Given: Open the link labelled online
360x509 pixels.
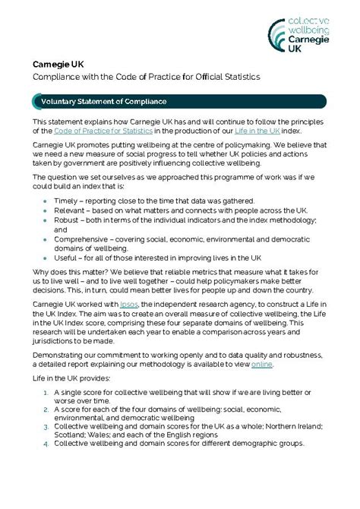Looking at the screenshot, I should click(x=261, y=364).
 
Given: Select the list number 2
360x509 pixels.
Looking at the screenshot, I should click(x=47, y=411).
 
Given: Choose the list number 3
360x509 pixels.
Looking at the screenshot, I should click(x=47, y=428).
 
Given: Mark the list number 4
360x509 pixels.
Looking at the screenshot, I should click(x=47, y=443).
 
